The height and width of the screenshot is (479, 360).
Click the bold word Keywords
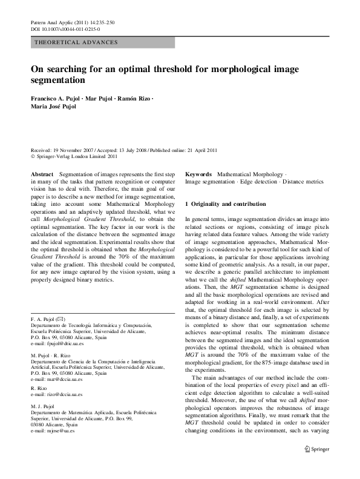pos(198,173)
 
